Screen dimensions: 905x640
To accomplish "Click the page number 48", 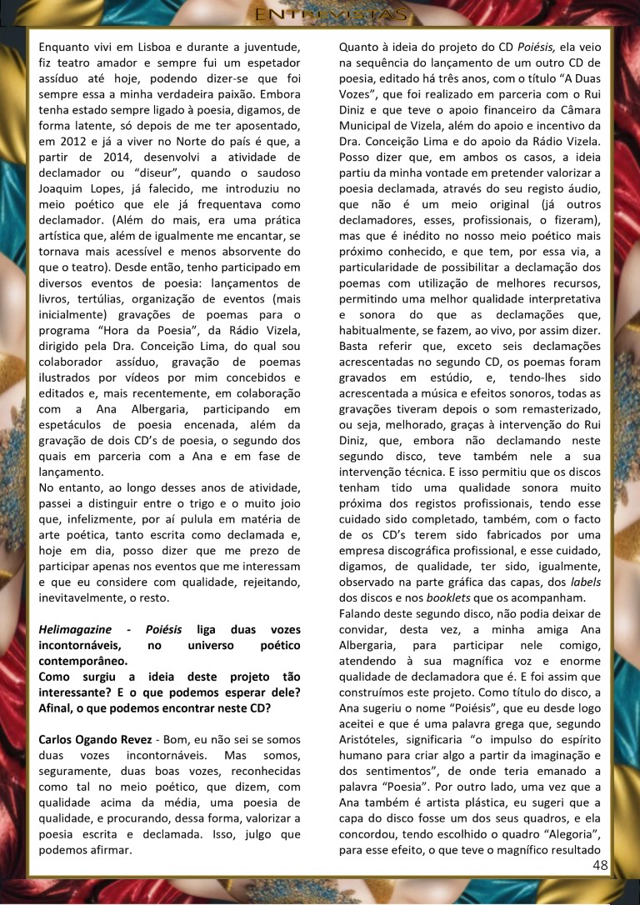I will [600, 864].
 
